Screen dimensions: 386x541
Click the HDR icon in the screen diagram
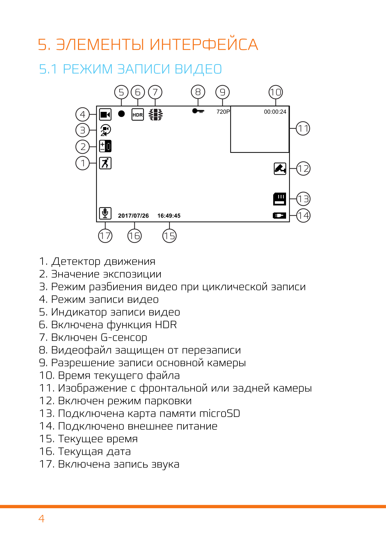(x=137, y=115)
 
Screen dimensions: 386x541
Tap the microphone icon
(x=105, y=213)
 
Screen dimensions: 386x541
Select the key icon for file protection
(x=198, y=111)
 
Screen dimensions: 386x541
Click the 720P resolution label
(x=223, y=112)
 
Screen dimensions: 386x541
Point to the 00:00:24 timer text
(x=275, y=112)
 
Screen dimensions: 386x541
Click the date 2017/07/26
(x=133, y=216)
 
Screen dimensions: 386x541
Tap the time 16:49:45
(x=169, y=216)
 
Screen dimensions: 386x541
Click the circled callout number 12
(x=303, y=169)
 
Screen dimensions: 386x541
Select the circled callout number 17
(x=105, y=236)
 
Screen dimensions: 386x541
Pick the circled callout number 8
(x=198, y=92)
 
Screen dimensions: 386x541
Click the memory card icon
(x=280, y=199)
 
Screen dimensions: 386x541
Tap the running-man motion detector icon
(x=105, y=163)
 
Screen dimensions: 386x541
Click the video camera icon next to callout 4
(x=105, y=114)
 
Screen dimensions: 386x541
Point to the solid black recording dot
(x=122, y=114)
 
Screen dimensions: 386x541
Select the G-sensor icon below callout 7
(x=155, y=115)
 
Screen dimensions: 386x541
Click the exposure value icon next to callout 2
(x=105, y=146)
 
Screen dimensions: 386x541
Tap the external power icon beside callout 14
(x=280, y=216)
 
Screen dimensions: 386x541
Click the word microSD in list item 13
(x=220, y=413)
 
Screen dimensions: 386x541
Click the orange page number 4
(x=41, y=518)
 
